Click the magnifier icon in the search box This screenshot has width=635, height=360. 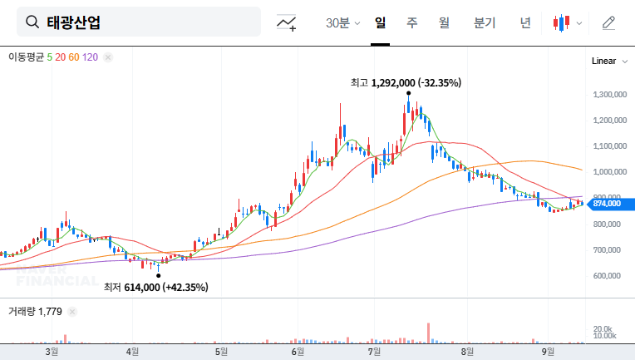pos(32,22)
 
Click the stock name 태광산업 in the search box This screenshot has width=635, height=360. pos(73,22)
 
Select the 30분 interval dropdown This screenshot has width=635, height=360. pos(342,22)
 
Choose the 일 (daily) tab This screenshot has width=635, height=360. pos(381,22)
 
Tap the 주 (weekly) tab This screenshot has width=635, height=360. pos(411,22)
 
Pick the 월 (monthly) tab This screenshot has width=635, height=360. pos(444,22)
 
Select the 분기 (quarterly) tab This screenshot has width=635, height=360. pos(484,22)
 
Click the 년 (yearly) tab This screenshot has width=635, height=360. pos(525,22)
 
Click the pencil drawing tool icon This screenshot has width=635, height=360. pos(608,22)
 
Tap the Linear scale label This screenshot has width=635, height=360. pos(603,61)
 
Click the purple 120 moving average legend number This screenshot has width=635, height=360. pos(91,57)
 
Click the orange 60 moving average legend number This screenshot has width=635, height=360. pos(74,57)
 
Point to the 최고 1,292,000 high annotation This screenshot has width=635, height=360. pos(406,82)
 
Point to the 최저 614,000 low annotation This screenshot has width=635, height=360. pos(155,287)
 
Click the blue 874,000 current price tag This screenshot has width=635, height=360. pos(609,203)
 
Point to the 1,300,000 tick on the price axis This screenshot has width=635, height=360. pos(609,95)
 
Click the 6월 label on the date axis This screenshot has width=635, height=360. pos(297,352)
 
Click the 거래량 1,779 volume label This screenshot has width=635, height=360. pos(35,312)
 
